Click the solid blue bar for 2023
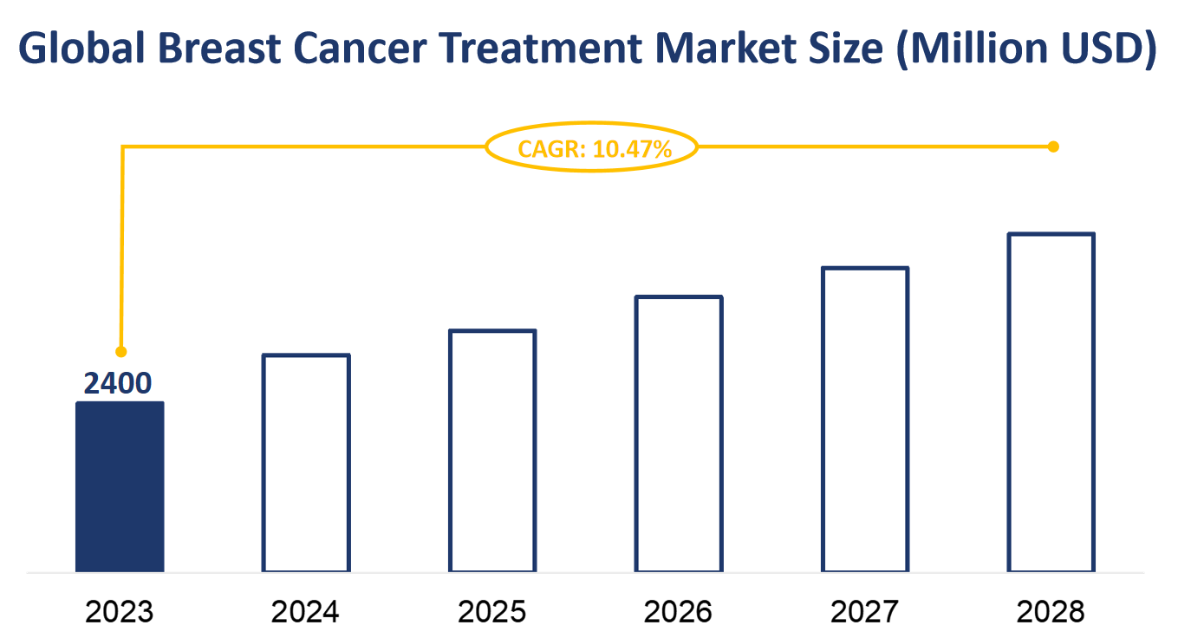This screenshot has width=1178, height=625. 120,486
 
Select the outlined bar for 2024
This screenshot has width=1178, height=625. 306,463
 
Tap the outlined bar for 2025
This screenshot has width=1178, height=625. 492,451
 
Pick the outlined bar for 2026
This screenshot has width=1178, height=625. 679,433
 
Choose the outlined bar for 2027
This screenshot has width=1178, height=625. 865,420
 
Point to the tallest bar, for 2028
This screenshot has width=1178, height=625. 1051,402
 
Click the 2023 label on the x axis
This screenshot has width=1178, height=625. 120,611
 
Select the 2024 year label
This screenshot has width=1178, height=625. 306,611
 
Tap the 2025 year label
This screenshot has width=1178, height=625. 492,611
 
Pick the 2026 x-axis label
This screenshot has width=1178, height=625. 679,611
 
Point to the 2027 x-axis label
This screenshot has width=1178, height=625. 865,611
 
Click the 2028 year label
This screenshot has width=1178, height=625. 1051,611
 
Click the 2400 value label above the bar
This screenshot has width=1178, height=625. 118,382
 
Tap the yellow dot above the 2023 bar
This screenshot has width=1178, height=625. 121,352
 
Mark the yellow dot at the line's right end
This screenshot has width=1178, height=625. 1054,146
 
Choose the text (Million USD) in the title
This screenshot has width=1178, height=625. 1025,50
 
